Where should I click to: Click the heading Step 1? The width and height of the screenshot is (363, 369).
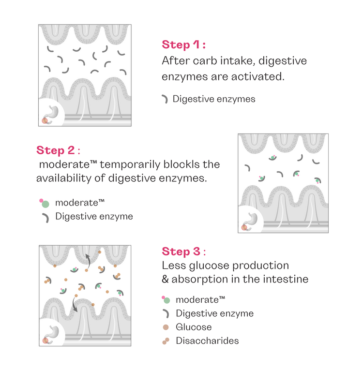pos(183,45)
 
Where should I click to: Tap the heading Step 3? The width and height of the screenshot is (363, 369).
pos(183,252)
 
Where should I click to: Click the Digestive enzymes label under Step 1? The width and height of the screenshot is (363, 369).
pos(213,100)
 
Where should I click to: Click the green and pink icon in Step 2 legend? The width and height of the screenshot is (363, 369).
pos(44,203)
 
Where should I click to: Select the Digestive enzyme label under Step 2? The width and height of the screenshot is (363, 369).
pos(94,216)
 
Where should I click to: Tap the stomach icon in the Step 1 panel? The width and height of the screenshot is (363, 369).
pos(50,114)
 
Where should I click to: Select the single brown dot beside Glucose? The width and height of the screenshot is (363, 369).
pos(166,327)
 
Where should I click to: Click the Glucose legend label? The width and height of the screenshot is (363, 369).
pos(194,327)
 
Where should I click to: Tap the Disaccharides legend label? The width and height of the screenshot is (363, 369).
pos(207,341)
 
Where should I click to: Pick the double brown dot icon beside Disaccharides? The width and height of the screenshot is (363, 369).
pos(166,341)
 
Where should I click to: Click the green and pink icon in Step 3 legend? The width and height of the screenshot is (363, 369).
pos(166,299)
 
